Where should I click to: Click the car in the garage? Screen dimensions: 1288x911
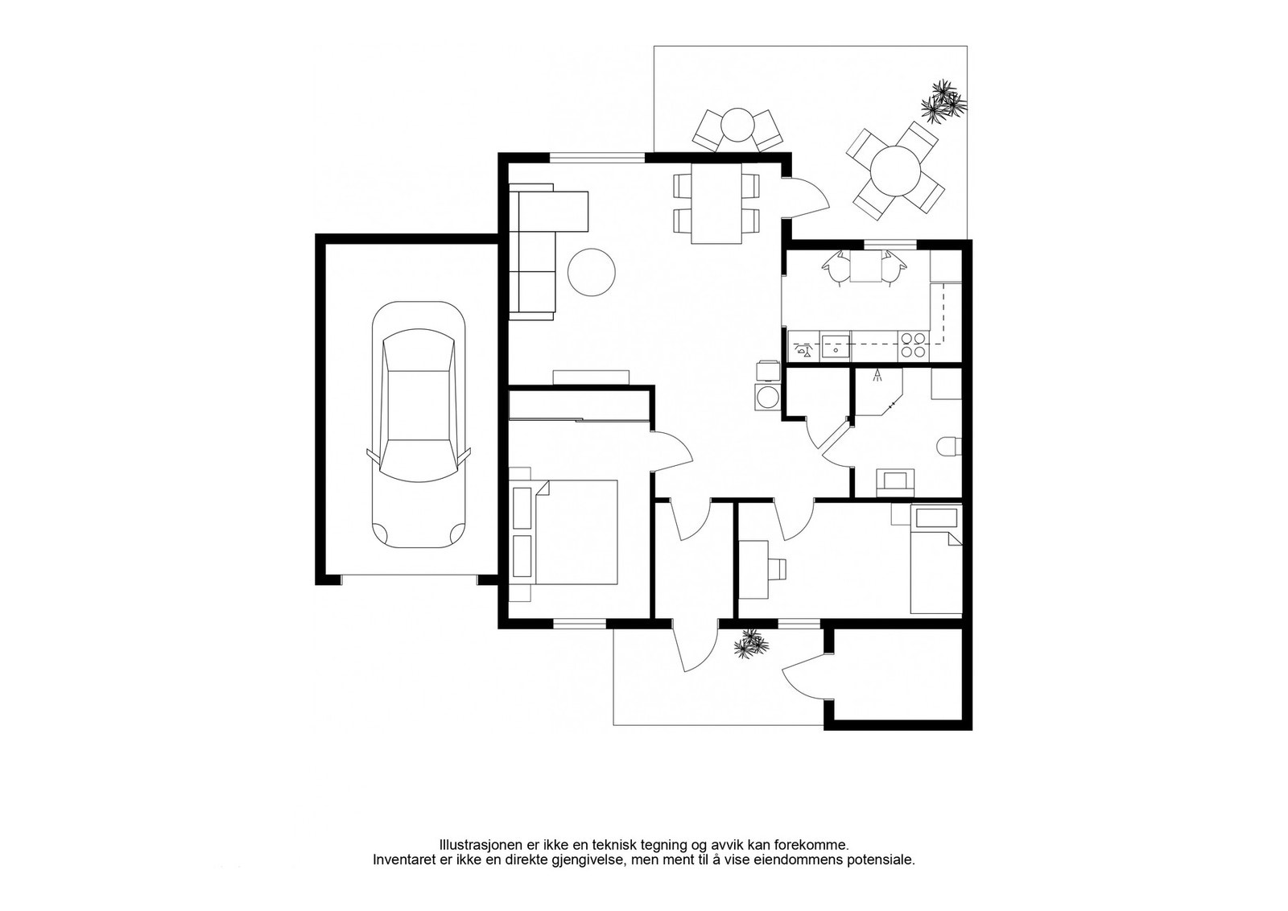(419, 425)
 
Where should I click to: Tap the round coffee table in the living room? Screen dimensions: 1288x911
(591, 273)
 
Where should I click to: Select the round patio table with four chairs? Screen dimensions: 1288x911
(895, 171)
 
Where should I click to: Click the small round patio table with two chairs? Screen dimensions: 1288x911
(737, 130)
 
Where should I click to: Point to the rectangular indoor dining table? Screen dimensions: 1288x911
(716, 204)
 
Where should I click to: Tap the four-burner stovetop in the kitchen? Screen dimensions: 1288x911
(912, 345)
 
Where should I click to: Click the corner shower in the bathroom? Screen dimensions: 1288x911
(878, 392)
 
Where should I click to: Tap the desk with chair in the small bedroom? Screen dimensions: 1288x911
(760, 569)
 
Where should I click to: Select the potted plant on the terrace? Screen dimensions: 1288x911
(943, 101)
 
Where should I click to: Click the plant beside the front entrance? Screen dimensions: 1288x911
(751, 643)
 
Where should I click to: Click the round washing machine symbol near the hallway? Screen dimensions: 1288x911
(766, 397)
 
